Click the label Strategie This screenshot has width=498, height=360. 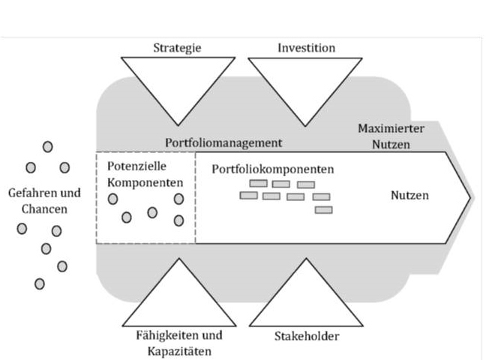pos(177,48)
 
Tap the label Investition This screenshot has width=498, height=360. pos(306,48)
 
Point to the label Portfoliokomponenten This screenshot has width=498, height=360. pos(272,169)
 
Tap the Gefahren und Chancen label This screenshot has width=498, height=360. pos(44,200)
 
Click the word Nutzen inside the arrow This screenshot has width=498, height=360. pos(409,196)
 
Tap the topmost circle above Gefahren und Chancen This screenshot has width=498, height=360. pos(48,146)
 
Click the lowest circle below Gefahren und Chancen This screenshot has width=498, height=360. pos(39,283)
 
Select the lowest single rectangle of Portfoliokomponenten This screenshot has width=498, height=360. pos(323,210)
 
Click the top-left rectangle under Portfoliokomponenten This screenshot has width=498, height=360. pos(258,183)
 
